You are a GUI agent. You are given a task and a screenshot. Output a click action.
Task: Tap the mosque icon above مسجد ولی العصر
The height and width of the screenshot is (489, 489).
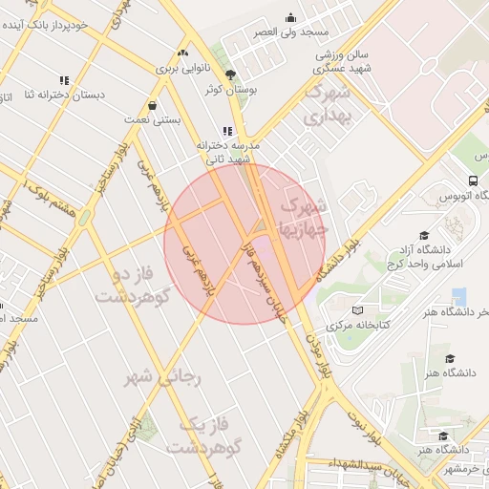(x=291, y=17)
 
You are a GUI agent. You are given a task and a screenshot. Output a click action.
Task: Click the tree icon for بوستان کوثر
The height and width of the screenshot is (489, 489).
(x=230, y=74)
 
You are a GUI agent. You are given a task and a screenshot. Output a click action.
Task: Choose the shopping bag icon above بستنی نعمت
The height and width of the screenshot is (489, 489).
(x=153, y=105)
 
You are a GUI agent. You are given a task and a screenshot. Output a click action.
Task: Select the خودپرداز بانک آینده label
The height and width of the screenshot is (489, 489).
(x=67, y=22)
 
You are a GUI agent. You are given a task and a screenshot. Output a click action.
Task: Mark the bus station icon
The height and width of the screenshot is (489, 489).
(x=474, y=181)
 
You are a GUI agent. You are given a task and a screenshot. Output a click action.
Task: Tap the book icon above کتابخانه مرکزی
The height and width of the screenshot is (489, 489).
(x=358, y=309)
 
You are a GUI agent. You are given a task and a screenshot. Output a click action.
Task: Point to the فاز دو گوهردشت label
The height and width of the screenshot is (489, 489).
(x=126, y=286)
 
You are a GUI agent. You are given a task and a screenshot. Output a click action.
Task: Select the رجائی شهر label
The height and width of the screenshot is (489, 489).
(x=165, y=377)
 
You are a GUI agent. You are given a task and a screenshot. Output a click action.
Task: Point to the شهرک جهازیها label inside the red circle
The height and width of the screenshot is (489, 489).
(x=303, y=217)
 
